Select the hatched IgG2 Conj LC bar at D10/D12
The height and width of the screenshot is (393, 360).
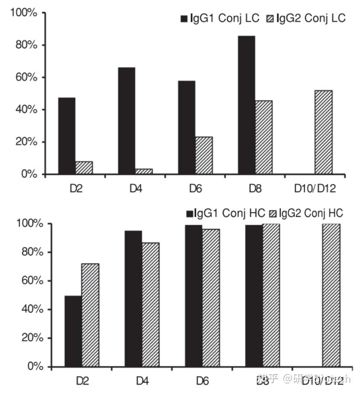324,132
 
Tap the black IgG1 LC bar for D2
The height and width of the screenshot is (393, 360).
67,136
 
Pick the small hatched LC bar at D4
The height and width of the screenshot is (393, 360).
144,171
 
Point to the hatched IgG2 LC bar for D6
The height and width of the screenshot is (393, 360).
204,155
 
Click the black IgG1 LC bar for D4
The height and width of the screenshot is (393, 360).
126,121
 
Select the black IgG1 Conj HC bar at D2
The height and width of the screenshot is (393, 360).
73,331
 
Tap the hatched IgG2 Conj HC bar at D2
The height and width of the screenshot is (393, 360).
90,315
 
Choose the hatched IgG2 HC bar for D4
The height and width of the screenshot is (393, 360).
150,305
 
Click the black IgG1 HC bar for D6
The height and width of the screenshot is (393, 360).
194,296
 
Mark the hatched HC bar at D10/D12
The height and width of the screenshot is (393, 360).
331,295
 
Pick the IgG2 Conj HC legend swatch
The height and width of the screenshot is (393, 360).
272,214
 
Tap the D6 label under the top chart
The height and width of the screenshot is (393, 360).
195,188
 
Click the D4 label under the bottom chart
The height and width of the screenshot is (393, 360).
142,380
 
